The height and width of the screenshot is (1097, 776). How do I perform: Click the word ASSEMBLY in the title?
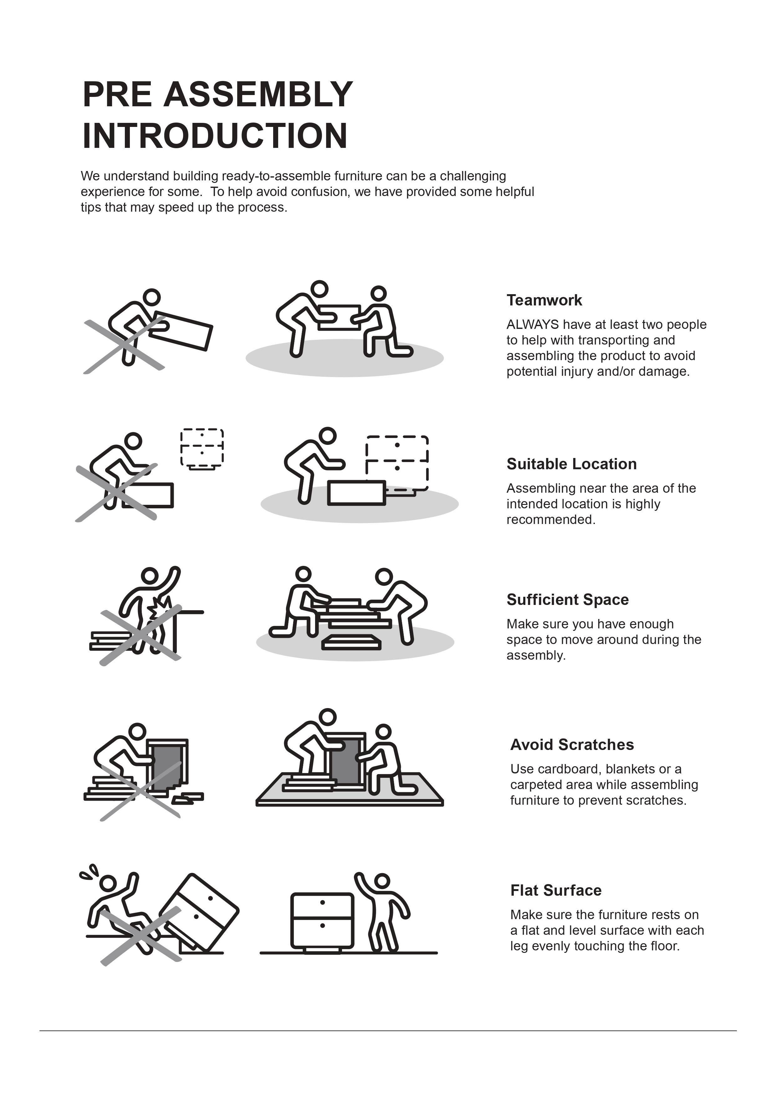258,95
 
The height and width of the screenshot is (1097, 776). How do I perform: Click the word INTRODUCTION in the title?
215,136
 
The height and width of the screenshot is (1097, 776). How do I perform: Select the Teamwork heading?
544,300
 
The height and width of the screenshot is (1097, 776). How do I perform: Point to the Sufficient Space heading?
568,600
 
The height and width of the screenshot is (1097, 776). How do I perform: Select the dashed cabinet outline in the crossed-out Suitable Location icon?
202,448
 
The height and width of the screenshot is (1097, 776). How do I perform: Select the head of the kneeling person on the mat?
383,732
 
